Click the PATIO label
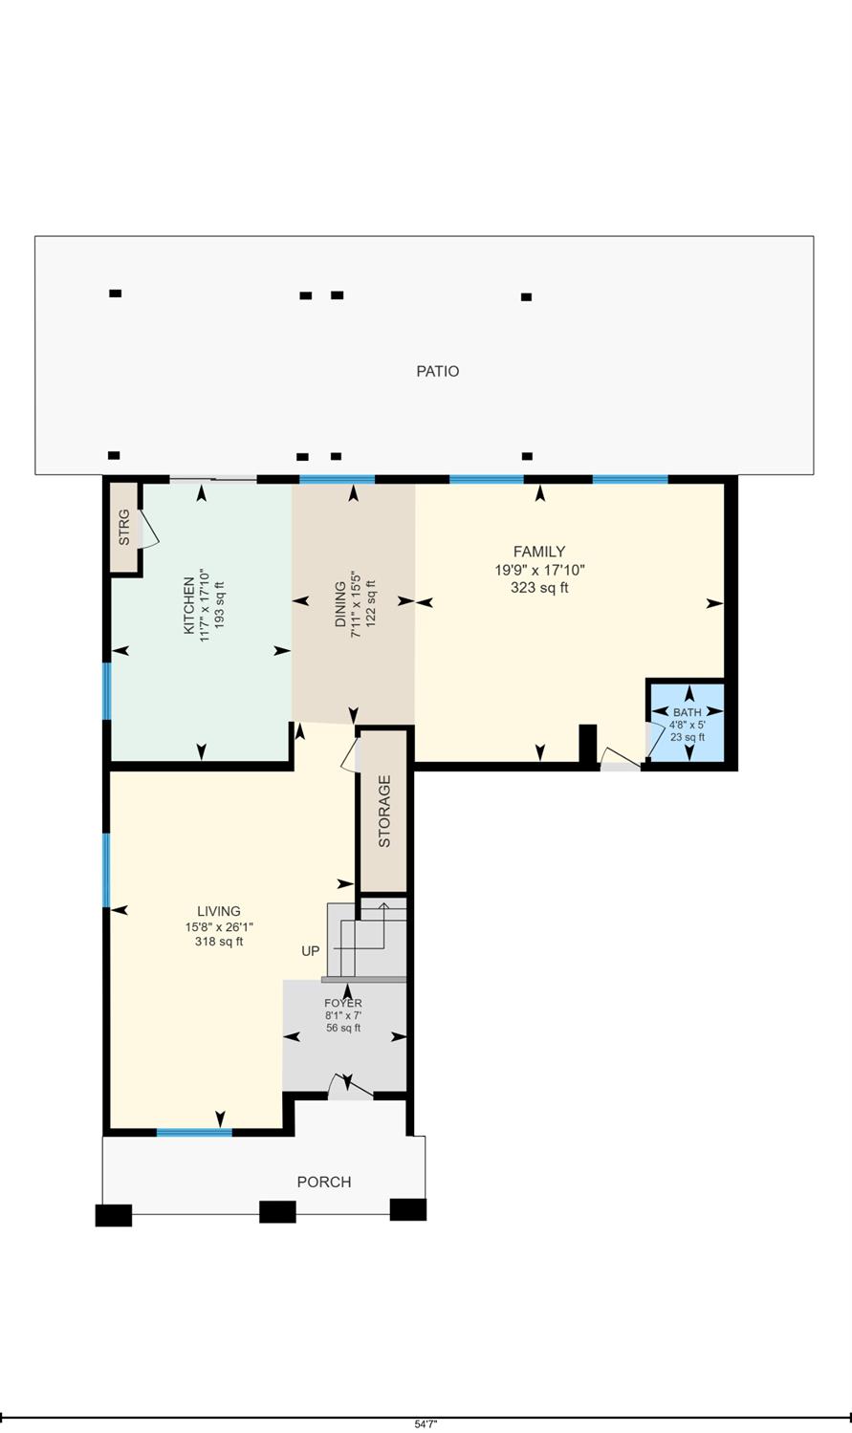point(437,371)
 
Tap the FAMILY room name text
point(539,552)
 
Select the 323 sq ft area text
point(539,588)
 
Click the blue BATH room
point(688,724)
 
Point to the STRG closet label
point(123,528)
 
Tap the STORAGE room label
point(384,812)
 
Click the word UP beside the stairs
point(311,951)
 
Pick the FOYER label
point(342,1003)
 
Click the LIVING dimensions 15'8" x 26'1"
point(219,926)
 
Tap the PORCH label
point(324,1183)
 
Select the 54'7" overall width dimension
point(426,1423)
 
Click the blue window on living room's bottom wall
point(194,1133)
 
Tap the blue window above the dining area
point(337,479)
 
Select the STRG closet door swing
point(149,529)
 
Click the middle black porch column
point(277,1212)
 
